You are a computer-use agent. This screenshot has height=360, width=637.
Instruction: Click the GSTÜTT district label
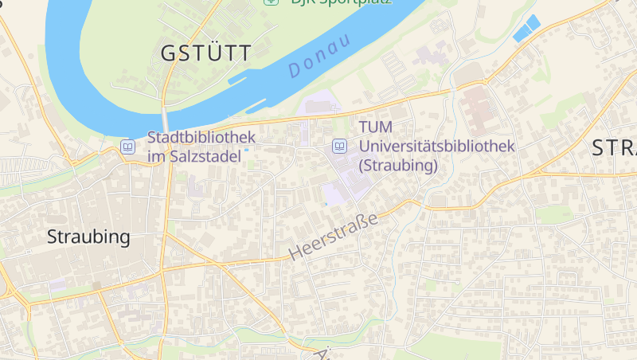pyautogui.click(x=205, y=53)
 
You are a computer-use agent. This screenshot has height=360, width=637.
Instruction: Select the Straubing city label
pyautogui.click(x=88, y=237)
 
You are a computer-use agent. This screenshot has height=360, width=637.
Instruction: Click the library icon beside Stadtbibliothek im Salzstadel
pyautogui.click(x=127, y=147)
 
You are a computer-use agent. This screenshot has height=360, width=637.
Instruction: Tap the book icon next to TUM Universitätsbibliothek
pyautogui.click(x=340, y=147)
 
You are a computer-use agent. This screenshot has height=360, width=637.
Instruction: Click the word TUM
pyautogui.click(x=375, y=127)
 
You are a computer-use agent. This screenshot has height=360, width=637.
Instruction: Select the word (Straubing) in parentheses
pyautogui.click(x=398, y=166)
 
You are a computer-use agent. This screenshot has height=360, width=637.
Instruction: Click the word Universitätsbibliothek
pyautogui.click(x=437, y=147)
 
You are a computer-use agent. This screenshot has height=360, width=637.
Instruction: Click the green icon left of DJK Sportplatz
pyautogui.click(x=271, y=2)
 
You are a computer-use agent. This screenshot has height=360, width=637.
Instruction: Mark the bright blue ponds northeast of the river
pyautogui.click(x=526, y=29)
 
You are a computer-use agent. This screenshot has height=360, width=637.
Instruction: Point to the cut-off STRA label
pyautogui.click(x=614, y=148)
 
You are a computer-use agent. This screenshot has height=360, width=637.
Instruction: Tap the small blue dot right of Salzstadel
pyautogui.click(x=247, y=149)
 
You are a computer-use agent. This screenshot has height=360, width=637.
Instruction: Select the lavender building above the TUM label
pyautogui.click(x=320, y=106)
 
